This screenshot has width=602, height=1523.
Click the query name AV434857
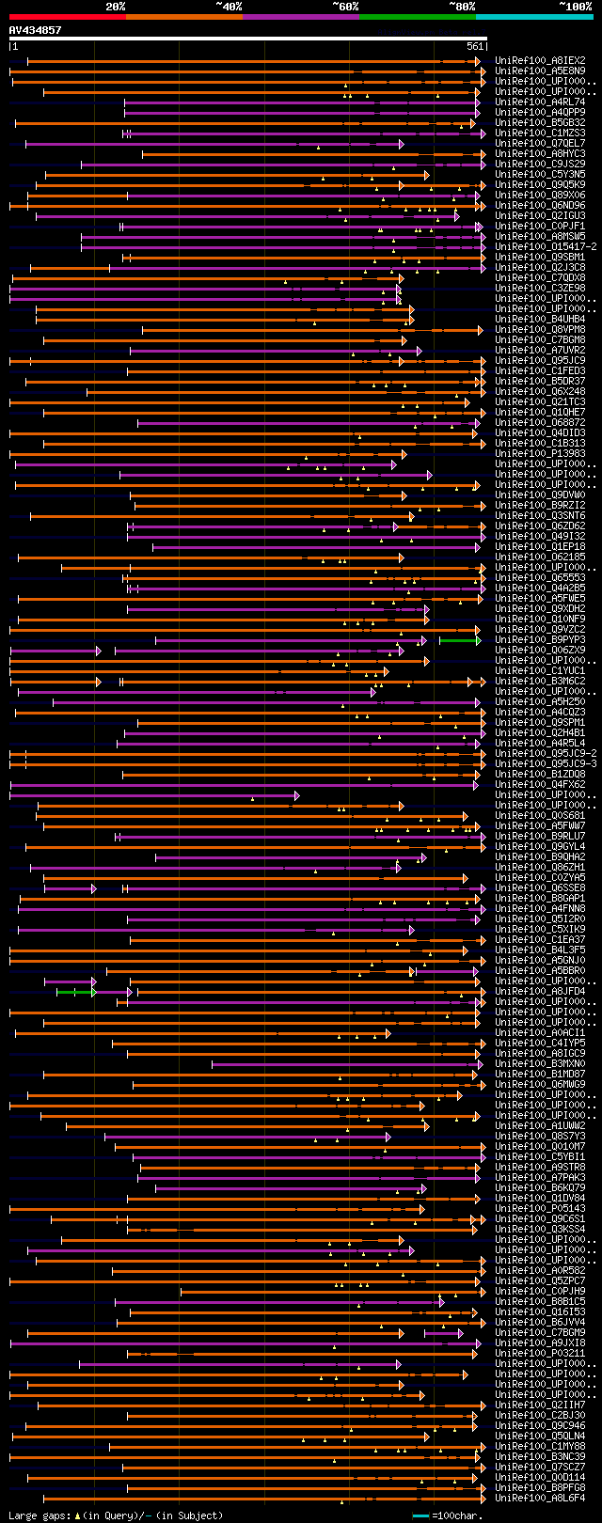[35, 30]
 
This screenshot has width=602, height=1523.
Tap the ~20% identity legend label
[115, 7]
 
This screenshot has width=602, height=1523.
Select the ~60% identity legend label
[345, 7]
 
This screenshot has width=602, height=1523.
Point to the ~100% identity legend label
[575, 7]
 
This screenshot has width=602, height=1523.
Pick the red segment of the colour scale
[67, 16]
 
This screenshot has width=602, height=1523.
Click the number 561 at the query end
[474, 46]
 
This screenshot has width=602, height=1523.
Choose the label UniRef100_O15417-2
[546, 246]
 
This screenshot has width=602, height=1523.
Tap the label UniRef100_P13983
[540, 453]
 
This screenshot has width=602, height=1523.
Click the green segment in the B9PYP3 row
[459, 640]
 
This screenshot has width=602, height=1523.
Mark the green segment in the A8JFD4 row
[74, 992]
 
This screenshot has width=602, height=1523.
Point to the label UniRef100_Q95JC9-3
[546, 763]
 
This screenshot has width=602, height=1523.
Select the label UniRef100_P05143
[540, 1209]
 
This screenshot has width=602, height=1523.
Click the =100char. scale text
[456, 1515]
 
